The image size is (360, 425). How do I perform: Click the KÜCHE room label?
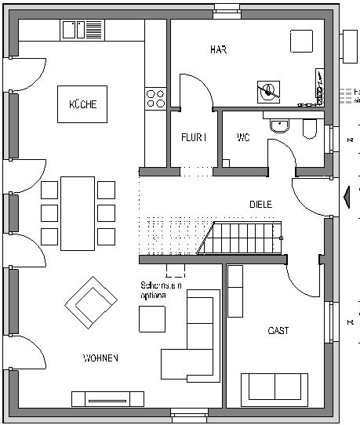(x=82, y=104)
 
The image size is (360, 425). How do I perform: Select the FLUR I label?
(x=193, y=137)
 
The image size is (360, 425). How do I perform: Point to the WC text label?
(x=243, y=137)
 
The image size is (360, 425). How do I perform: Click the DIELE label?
(x=261, y=204)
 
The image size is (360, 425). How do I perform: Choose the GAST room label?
(x=278, y=331)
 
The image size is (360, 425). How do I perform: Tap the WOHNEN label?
(x=100, y=358)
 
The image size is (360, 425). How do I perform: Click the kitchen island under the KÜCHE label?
(x=82, y=104)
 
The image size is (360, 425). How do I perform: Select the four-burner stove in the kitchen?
(x=155, y=99)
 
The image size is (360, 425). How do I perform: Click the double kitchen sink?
(x=75, y=30)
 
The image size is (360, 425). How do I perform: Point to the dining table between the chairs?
(x=78, y=212)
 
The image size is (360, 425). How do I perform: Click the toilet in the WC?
(x=308, y=128)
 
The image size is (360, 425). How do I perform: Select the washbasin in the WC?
(x=278, y=124)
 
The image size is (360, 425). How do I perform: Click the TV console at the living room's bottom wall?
(x=107, y=398)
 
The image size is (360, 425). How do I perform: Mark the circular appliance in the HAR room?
(x=269, y=91)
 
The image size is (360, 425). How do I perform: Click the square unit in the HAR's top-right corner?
(x=302, y=41)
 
